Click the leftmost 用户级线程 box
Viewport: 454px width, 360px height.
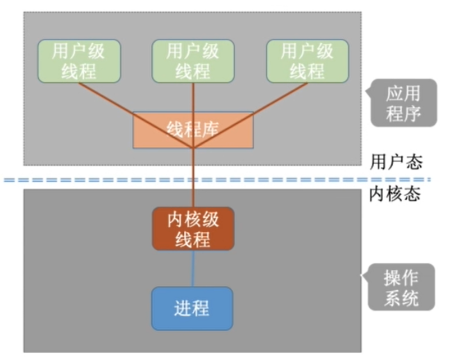tap(79, 61)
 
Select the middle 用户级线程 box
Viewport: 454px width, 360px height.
tap(193, 61)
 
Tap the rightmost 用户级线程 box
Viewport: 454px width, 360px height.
tap(307, 61)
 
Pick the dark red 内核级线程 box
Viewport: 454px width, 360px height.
tap(193, 229)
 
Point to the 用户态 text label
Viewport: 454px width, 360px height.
tap(396, 163)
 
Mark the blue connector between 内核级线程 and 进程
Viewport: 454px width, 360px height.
tap(193, 268)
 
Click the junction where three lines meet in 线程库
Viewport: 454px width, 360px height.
tap(193, 148)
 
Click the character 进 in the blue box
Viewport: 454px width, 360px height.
tap(182, 308)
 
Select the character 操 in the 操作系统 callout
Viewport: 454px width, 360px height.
tap(392, 278)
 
